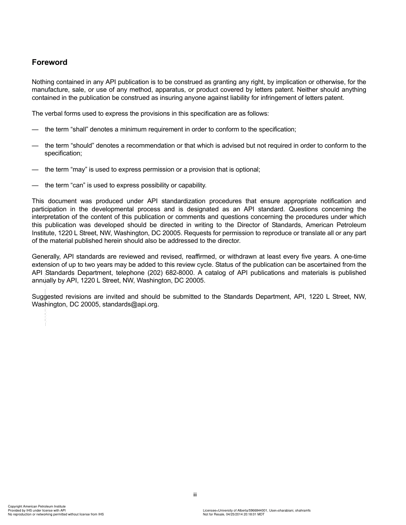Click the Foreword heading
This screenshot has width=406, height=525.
pyautogui.click(x=50, y=62)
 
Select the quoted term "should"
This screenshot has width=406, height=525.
pyautogui.click(x=81, y=146)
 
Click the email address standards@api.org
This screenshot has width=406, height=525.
pyautogui.click(x=130, y=305)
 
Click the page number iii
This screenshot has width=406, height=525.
pyautogui.click(x=195, y=495)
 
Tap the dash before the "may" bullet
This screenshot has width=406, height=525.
pyautogui.click(x=35, y=169)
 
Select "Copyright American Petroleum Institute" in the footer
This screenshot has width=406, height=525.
pyautogui.click(x=37, y=506)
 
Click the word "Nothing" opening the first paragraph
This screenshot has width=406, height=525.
pyautogui.click(x=43, y=82)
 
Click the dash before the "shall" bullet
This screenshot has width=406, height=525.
pyautogui.click(x=35, y=129)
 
